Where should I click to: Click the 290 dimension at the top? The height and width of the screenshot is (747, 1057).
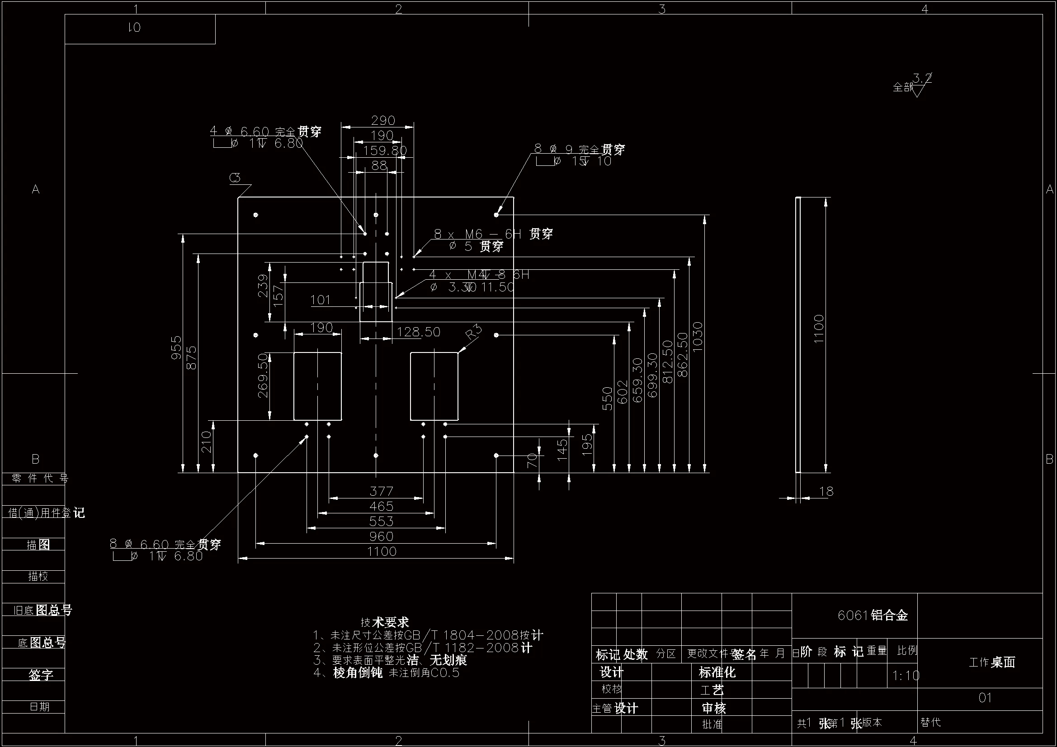pyautogui.click(x=383, y=121)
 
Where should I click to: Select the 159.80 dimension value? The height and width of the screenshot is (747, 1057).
pyautogui.click(x=385, y=150)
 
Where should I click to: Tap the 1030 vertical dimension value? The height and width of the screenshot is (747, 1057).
pyautogui.click(x=698, y=337)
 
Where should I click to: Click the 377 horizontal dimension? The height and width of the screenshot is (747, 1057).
pyautogui.click(x=381, y=492)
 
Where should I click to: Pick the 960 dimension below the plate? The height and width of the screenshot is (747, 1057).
pyautogui.click(x=381, y=537)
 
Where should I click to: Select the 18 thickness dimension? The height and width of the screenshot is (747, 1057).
pyautogui.click(x=826, y=492)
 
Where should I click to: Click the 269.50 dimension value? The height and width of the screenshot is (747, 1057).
pyautogui.click(x=262, y=376)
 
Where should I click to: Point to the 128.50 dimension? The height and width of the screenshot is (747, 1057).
pyautogui.click(x=419, y=332)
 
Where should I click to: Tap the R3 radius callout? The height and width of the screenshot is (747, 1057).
pyautogui.click(x=474, y=332)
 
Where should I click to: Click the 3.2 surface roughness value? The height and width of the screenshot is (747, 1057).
pyautogui.click(x=922, y=78)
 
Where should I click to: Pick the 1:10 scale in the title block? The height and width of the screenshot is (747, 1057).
pyautogui.click(x=906, y=676)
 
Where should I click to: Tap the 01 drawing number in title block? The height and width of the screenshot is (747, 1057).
pyautogui.click(x=985, y=698)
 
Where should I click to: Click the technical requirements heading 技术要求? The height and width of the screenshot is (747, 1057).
pyautogui.click(x=385, y=622)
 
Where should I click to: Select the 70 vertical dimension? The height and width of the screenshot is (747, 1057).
pyautogui.click(x=532, y=460)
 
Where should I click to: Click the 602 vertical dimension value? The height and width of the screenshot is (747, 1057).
pyautogui.click(x=622, y=392)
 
